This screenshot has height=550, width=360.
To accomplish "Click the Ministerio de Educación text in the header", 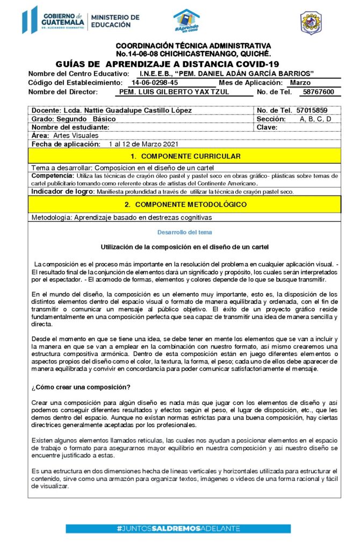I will coord(114,21).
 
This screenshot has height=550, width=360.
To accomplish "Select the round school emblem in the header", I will coord(311,23).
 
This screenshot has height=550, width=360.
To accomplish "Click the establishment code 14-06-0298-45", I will coord(154,83).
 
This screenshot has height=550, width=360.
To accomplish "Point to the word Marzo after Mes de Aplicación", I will coord(300,83).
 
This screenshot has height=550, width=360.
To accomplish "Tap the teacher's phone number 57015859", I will coord(317,110).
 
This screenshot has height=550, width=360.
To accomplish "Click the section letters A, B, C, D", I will coord(315,119).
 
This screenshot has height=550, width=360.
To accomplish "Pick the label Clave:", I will coord(267,127).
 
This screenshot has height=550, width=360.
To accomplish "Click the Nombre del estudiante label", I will coord(70,127).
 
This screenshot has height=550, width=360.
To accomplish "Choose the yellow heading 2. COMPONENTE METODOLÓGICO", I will coord(185,204).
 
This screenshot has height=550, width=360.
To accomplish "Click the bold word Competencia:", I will coord(52,176).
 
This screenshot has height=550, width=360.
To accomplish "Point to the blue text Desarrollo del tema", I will coord(184,232).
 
